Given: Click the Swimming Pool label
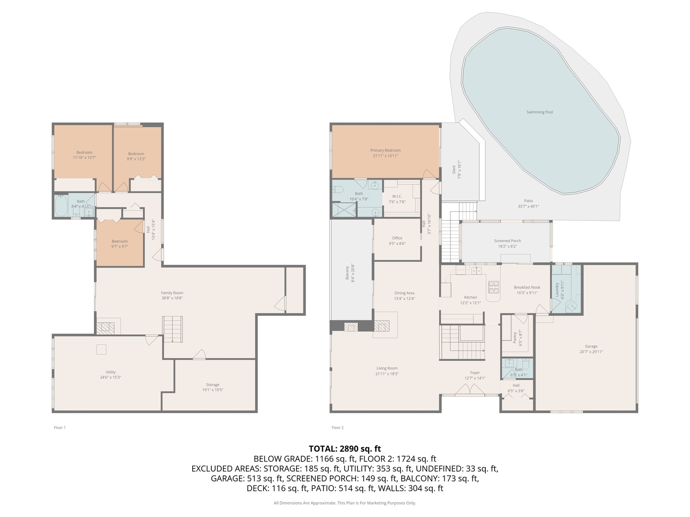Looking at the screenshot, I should coord(540,112).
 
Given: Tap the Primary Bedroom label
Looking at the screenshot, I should coord(385,150).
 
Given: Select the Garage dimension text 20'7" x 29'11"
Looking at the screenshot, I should coord(591,352).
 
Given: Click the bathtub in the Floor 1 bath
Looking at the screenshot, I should coord(61,207).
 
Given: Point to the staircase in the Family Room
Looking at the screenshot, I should coord(172,329).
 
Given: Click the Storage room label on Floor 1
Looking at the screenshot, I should coord(212,384).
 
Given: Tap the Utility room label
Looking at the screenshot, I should coord(111,372).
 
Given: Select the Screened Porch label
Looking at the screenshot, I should coord(507,241).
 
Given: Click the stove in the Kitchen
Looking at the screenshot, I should coord(493,287).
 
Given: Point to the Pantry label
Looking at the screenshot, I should coord(515,337).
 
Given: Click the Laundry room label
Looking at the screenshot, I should coord(557,290).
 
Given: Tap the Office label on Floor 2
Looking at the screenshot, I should coord(397,238).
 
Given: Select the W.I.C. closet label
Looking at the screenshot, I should coord(397,196).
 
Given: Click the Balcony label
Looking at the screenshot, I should coord(347,272).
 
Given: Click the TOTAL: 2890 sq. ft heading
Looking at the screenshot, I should coord(345,449).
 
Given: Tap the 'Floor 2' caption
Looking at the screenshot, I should coord(337,427).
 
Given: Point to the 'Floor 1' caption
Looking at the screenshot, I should coord(59,427).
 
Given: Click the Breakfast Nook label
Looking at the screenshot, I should coord(527,287).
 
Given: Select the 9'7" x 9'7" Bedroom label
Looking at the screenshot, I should coord(120,241).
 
